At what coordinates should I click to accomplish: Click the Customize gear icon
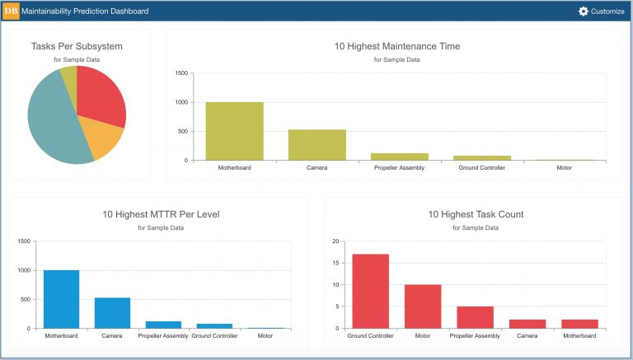pyautogui.click(x=584, y=12)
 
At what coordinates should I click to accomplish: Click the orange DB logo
pyautogui.click(x=12, y=12)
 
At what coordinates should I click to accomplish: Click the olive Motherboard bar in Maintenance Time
pyautogui.click(x=234, y=131)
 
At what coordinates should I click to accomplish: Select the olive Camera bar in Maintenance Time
pyautogui.click(x=316, y=145)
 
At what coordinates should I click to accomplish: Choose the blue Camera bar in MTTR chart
pyautogui.click(x=112, y=313)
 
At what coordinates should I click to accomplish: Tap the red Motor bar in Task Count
pyautogui.click(x=422, y=306)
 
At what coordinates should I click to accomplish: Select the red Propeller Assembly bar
pyautogui.click(x=475, y=317)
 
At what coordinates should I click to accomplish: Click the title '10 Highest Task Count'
pyautogui.click(x=476, y=214)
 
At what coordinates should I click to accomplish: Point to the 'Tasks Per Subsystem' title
pyautogui.click(x=77, y=47)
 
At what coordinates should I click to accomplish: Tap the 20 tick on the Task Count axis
pyautogui.click(x=335, y=241)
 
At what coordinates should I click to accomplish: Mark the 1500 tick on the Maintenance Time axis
pyautogui.click(x=182, y=73)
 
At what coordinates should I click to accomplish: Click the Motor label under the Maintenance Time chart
pyautogui.click(x=564, y=168)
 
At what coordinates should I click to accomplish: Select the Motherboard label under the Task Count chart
pyautogui.click(x=579, y=336)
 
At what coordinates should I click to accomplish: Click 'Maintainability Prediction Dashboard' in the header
pyautogui.click(x=86, y=12)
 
